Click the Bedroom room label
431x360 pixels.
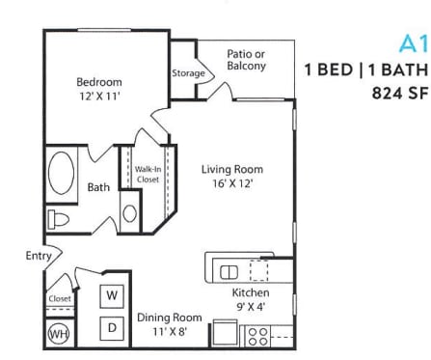pos(99,82)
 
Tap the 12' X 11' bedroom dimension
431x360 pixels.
pos(99,97)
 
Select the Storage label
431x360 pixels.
pos(188,73)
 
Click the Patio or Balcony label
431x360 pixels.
pos(246,60)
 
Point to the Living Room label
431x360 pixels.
pos(231,169)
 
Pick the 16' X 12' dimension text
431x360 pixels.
pos(231,183)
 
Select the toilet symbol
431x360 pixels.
pos(60,218)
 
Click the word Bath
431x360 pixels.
pos(98,187)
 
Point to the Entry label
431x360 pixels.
pos(39,256)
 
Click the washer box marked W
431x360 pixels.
pos(112,294)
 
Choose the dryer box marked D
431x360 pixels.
pos(112,327)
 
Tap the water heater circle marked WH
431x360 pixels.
pos(59,334)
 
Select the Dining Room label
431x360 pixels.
pos(169,317)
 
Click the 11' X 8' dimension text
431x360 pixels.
pos(169,331)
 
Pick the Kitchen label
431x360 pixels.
pos(251,292)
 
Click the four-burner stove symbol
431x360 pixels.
pos(258,334)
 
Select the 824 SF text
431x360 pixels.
pos(399,94)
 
